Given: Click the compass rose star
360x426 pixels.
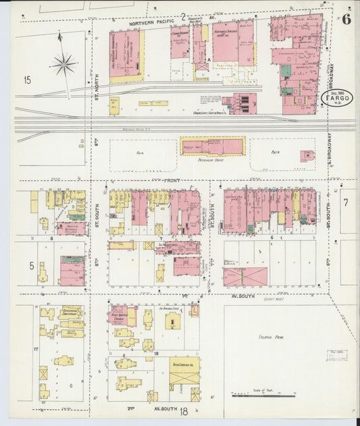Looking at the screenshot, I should (65, 65).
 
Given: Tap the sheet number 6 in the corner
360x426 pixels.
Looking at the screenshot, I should (345, 19).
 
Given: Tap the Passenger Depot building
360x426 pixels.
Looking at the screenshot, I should (212, 145).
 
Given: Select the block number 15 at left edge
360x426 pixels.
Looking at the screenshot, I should (27, 80).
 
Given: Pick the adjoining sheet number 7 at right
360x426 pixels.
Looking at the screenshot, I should (344, 202).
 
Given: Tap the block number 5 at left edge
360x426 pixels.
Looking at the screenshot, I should (31, 266).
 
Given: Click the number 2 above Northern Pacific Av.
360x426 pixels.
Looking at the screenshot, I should (182, 16).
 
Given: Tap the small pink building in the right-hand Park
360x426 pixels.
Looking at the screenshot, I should (307, 156).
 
